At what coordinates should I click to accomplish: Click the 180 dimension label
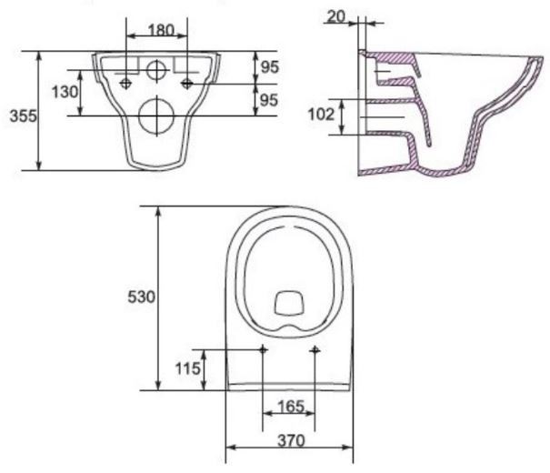click(161, 30)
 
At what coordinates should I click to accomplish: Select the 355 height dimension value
click(23, 116)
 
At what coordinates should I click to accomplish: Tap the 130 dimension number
click(65, 92)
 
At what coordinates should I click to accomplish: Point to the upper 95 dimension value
click(269, 67)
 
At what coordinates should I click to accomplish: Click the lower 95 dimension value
click(269, 100)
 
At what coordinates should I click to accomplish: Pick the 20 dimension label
click(336, 16)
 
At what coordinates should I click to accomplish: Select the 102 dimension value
click(321, 115)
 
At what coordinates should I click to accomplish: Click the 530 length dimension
click(141, 297)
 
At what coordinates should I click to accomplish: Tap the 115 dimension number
click(188, 368)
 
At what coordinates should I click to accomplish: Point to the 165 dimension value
click(291, 407)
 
